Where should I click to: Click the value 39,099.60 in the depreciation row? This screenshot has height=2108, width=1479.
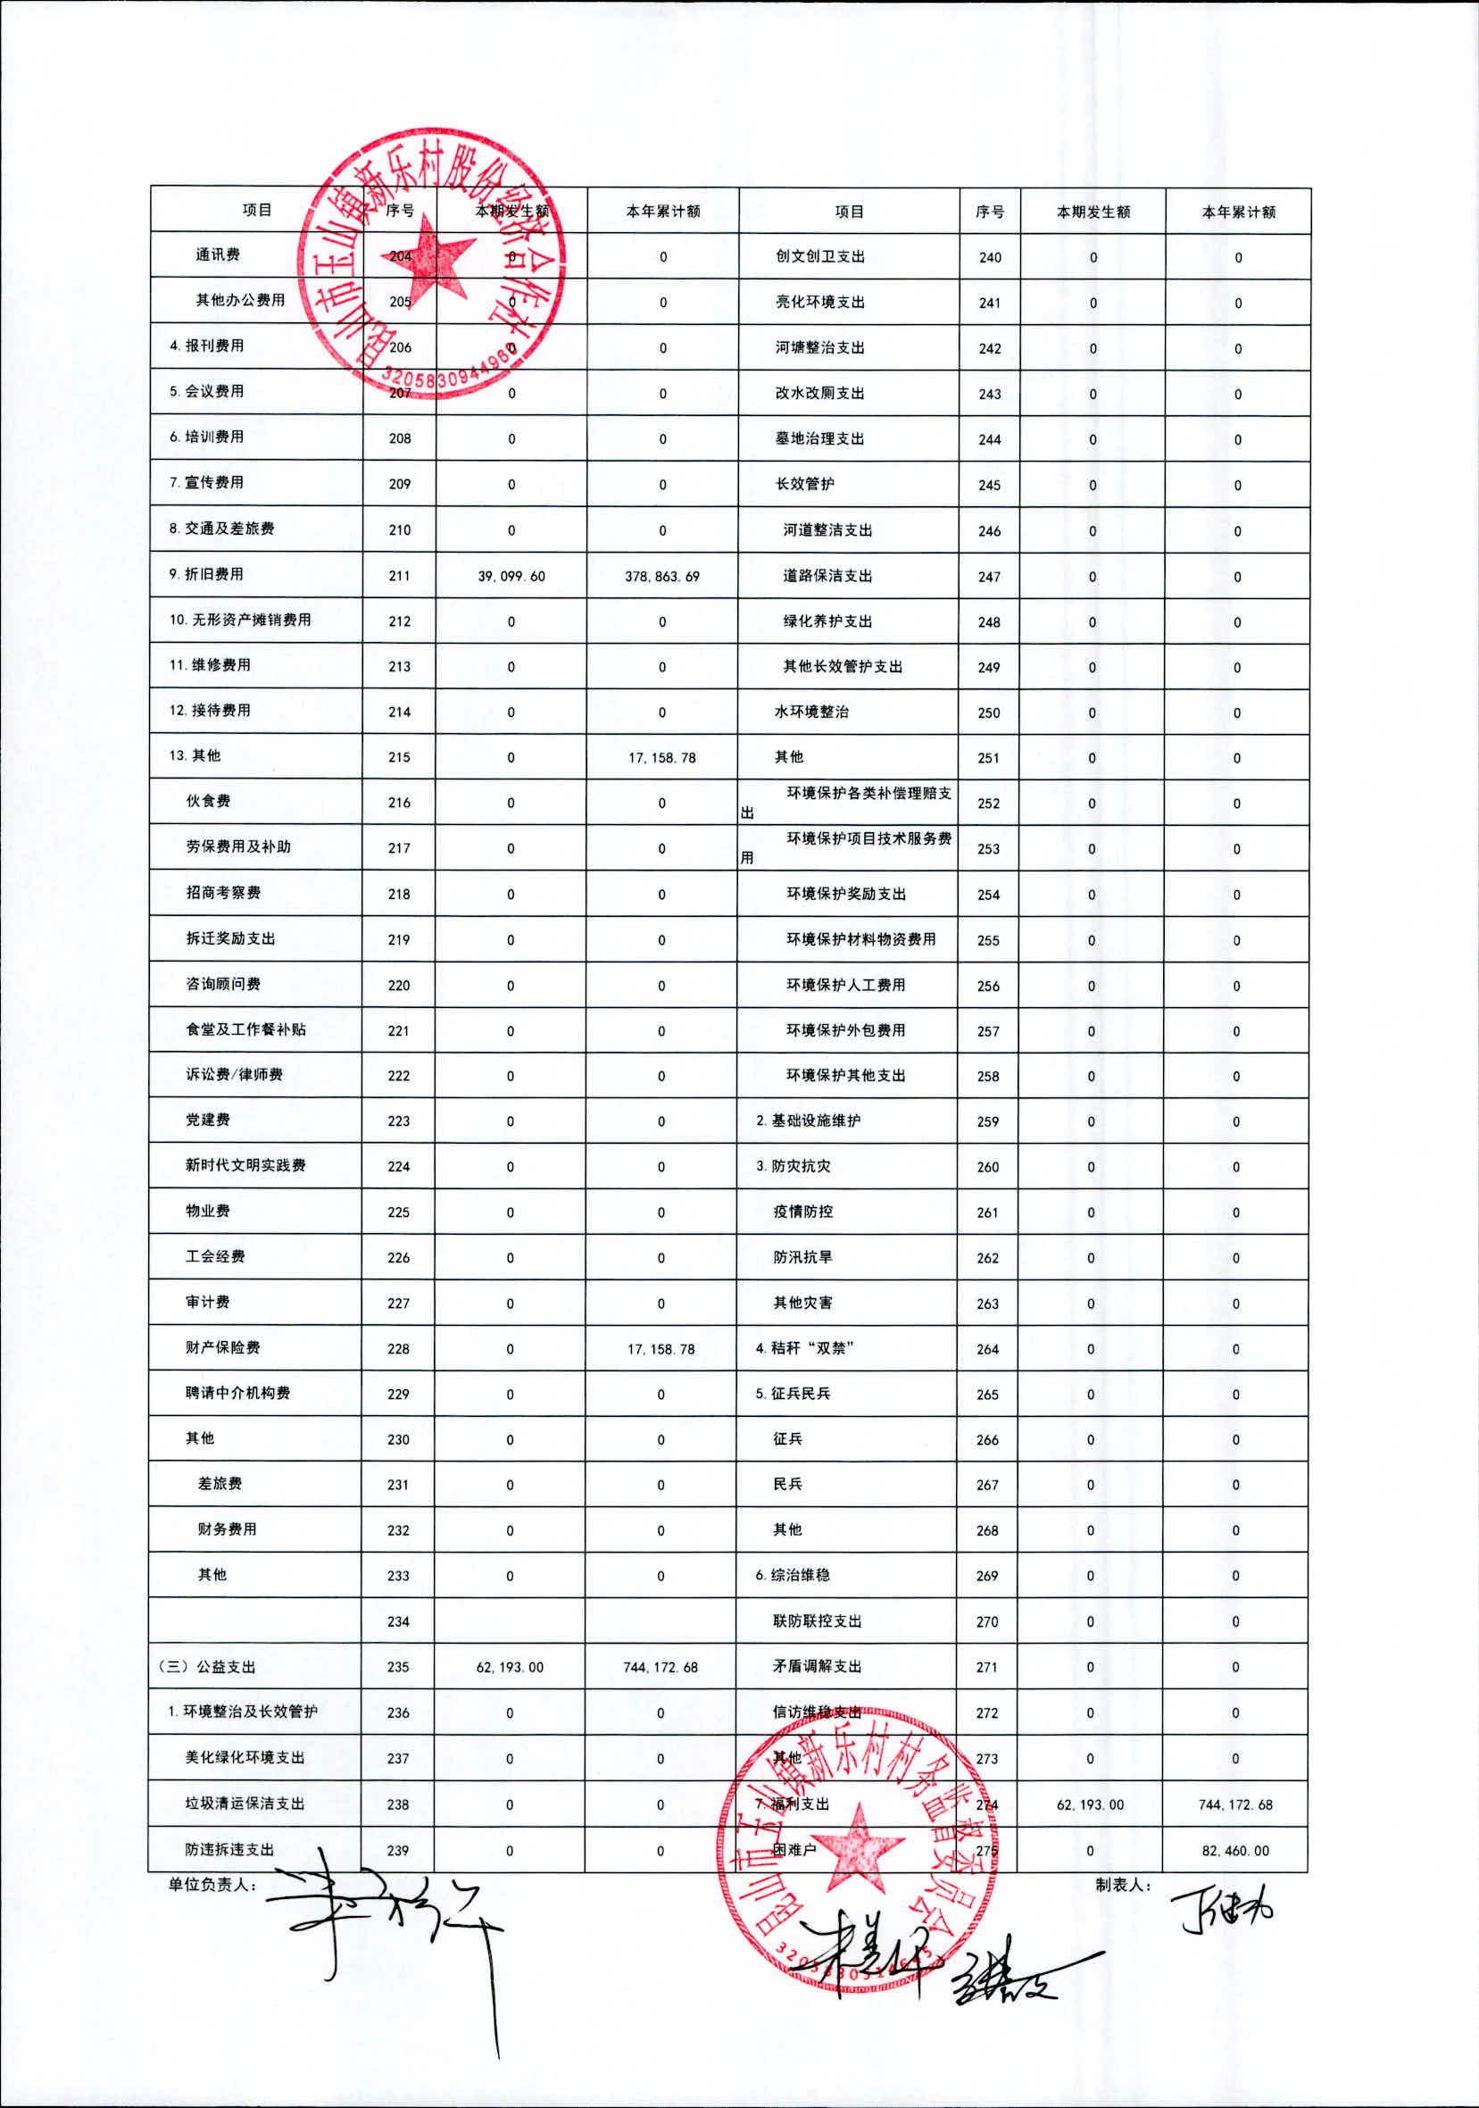click(x=511, y=577)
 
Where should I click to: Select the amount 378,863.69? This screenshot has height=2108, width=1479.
click(x=662, y=577)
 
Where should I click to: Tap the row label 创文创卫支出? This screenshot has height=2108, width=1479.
click(x=819, y=256)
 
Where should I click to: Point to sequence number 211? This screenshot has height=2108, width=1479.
click(x=399, y=576)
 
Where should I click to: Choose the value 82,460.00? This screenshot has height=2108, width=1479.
click(x=1234, y=1850)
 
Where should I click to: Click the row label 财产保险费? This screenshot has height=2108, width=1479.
click(x=222, y=1348)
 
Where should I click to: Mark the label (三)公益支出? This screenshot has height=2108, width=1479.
click(x=207, y=1666)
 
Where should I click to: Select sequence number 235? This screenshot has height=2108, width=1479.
click(x=398, y=1666)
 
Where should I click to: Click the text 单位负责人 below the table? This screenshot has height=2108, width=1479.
click(x=212, y=1885)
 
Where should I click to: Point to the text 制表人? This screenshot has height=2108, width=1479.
click(x=1123, y=1884)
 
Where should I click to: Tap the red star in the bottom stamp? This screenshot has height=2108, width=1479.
click(x=857, y=1845)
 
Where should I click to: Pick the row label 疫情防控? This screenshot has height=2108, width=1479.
click(x=802, y=1211)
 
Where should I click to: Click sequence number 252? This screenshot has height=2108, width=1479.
click(x=989, y=804)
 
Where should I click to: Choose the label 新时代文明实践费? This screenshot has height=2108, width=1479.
click(x=245, y=1165)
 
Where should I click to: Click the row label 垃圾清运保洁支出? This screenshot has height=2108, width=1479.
click(x=245, y=1804)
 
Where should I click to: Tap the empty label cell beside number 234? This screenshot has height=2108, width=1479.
click(x=255, y=1621)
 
